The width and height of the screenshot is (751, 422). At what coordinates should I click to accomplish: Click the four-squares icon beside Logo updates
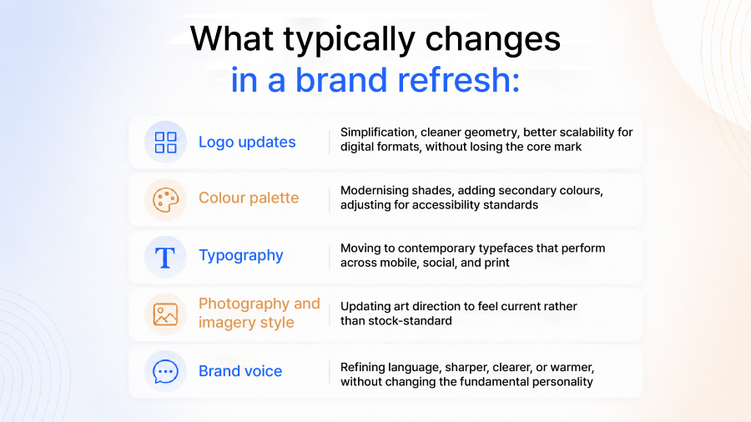point(166,143)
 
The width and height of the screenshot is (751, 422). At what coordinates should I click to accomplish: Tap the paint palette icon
point(166,200)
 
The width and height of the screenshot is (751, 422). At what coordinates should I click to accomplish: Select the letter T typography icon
point(165,258)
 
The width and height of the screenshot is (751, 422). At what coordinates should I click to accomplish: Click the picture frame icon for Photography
point(165,314)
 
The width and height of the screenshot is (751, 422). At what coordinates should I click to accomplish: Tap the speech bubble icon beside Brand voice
point(166,372)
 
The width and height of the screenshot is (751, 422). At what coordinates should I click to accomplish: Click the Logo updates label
point(247,142)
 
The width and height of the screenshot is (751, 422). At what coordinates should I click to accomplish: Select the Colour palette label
point(249,198)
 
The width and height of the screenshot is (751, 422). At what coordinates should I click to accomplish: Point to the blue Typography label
point(241,255)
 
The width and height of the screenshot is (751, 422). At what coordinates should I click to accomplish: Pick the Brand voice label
point(240,371)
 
